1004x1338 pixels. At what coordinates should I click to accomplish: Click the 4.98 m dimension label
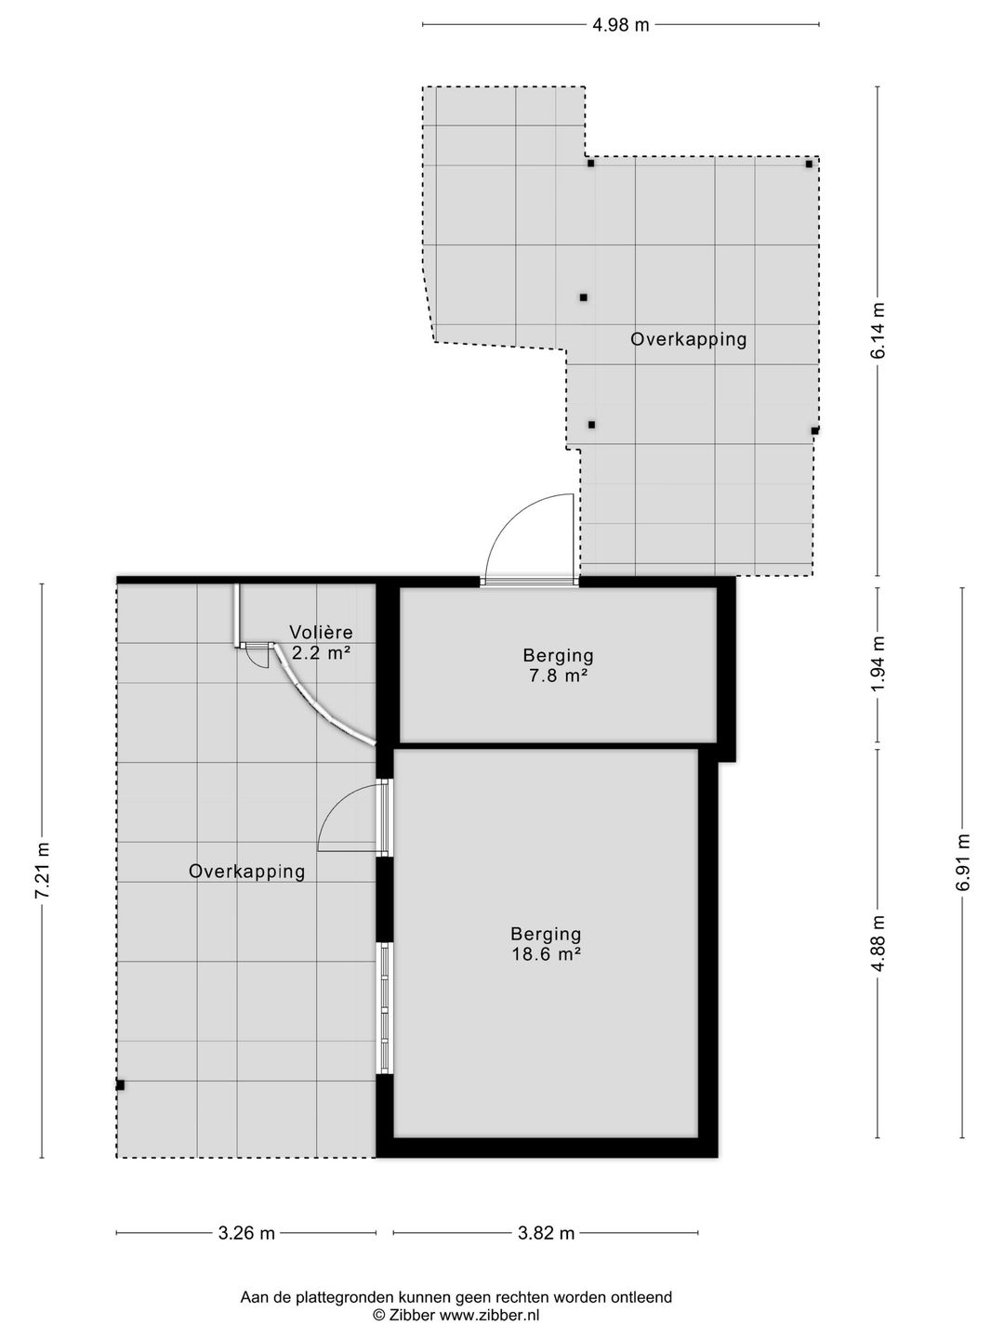(x=621, y=25)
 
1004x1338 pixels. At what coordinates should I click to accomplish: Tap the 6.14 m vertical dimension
(x=878, y=331)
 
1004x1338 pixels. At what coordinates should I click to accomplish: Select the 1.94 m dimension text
(x=878, y=664)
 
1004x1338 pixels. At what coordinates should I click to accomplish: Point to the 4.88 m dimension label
(x=878, y=944)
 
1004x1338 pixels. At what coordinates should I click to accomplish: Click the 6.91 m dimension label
(x=962, y=862)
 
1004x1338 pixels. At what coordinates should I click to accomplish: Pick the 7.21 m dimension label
(x=42, y=871)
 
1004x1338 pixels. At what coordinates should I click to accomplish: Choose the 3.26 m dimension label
(x=246, y=1233)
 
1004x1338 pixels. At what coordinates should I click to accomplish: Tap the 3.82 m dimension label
(x=547, y=1233)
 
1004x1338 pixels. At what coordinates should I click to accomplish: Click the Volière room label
(x=321, y=632)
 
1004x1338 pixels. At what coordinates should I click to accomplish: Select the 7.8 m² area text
(x=559, y=676)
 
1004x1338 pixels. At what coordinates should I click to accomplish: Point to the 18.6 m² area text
(x=547, y=954)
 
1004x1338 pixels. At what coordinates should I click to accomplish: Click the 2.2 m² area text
(x=321, y=653)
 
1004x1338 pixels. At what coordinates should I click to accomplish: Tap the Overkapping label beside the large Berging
(x=247, y=872)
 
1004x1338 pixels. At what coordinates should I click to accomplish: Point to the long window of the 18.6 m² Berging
(x=385, y=1009)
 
